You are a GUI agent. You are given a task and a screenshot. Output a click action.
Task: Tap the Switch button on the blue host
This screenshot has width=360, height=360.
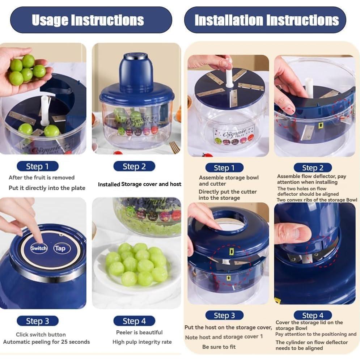[39, 248]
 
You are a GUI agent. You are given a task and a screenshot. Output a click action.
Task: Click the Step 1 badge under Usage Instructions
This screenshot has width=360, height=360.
[37, 166]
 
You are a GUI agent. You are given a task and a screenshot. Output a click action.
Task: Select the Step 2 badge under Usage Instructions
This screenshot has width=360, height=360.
[134, 166]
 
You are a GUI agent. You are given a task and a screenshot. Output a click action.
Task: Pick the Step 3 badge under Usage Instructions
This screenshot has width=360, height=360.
[37, 321]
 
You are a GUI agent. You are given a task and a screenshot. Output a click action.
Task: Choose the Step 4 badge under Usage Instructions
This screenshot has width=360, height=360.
[134, 321]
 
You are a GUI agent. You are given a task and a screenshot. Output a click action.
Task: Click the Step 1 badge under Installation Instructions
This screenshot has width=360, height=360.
[224, 168]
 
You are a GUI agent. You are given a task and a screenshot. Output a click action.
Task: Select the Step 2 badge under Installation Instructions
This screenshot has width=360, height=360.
[313, 168]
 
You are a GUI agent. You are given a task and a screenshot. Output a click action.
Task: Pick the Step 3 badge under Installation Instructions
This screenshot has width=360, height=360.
[224, 315]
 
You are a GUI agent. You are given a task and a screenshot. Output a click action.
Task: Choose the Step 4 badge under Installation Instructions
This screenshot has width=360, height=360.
[313, 315]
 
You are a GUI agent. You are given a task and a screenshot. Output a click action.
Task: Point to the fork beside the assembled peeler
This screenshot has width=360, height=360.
[175, 147]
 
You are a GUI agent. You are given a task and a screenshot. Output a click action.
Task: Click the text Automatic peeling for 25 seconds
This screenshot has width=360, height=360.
[46, 342]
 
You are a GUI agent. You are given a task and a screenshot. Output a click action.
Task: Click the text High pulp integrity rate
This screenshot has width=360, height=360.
[142, 342]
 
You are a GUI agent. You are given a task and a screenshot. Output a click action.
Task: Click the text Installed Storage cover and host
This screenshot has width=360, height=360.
[139, 185]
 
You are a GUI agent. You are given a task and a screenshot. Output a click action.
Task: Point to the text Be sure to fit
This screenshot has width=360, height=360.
[219, 347]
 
